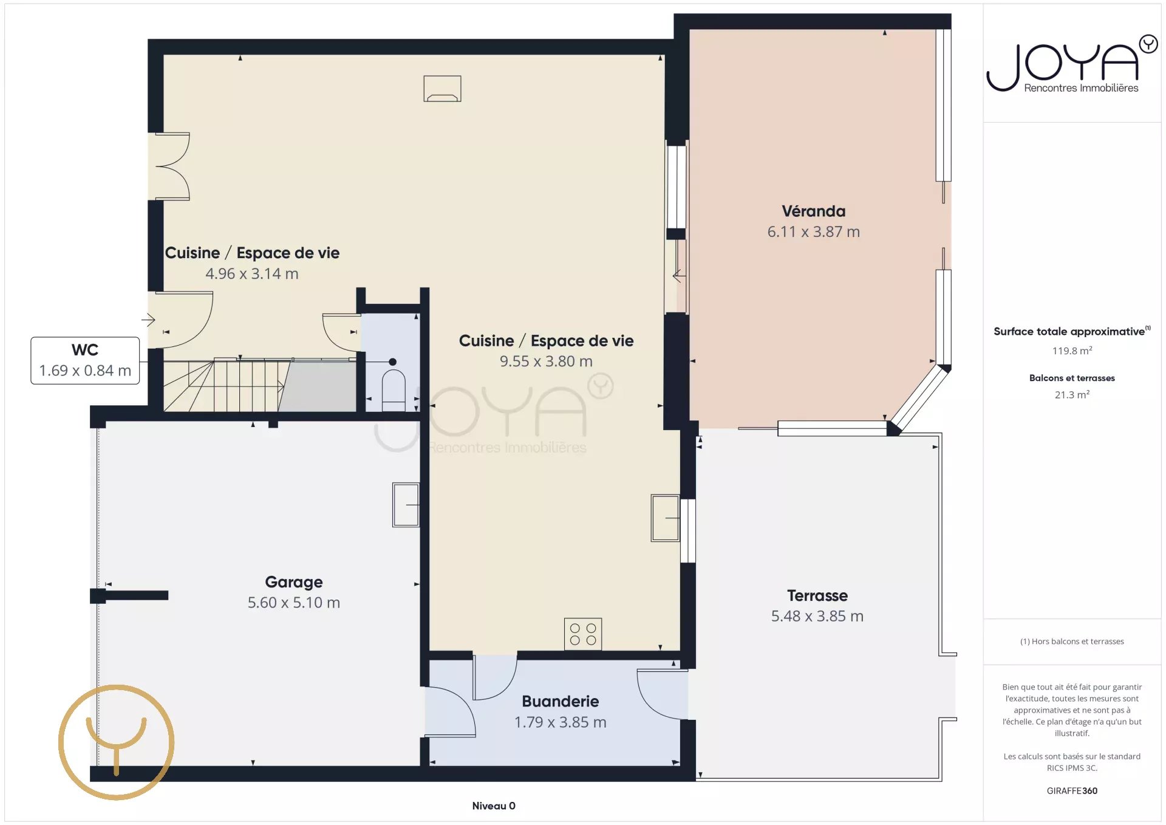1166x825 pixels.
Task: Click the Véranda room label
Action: click(813, 211)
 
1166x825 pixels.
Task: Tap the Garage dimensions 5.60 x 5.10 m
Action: click(294, 603)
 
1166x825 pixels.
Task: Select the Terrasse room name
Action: click(817, 595)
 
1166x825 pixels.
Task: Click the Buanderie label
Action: click(561, 702)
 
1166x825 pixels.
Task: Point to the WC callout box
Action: click(85, 360)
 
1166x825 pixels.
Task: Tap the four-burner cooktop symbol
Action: click(583, 634)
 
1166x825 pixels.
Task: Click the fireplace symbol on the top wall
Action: click(442, 89)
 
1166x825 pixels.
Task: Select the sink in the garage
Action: click(406, 504)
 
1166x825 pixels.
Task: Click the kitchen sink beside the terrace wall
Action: click(665, 518)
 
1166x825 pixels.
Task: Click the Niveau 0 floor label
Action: click(494, 806)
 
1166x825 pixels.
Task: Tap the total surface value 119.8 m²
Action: click(1072, 351)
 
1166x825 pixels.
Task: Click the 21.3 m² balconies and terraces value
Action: click(1072, 395)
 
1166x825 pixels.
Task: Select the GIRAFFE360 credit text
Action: click(1072, 791)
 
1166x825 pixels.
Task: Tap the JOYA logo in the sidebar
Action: click(1072, 63)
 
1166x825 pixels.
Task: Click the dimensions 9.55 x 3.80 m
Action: click(546, 361)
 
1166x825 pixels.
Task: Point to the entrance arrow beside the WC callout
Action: click(149, 319)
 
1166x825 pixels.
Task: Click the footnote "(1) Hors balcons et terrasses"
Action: click(1072, 642)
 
